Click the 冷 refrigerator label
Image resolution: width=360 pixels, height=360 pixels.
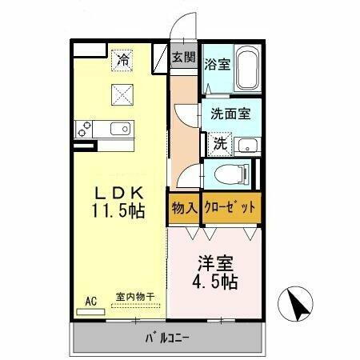(x=123, y=58)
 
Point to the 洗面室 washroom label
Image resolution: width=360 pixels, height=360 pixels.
(x=230, y=114)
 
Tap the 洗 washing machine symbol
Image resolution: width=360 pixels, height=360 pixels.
(x=219, y=145)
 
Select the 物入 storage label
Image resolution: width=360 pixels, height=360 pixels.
(x=184, y=208)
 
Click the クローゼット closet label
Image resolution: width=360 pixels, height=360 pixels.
(x=231, y=208)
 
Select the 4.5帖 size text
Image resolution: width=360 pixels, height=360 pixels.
(x=216, y=282)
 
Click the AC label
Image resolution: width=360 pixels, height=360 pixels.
(x=90, y=301)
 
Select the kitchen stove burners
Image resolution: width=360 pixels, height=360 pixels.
(x=86, y=129)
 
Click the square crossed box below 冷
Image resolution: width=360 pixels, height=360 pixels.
(x=123, y=94)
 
